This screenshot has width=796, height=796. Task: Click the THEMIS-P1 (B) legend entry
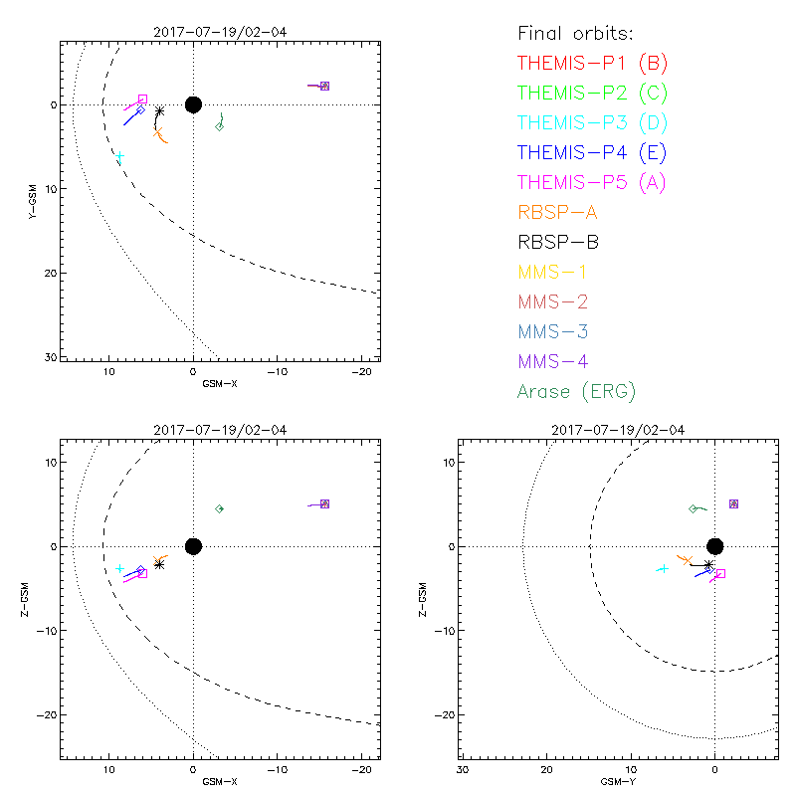pyautogui.click(x=592, y=64)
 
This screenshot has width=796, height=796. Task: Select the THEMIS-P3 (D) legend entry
pyautogui.click(x=592, y=123)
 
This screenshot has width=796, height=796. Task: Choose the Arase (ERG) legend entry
pyautogui.click(x=576, y=391)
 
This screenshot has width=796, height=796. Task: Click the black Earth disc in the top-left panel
pyautogui.click(x=193, y=104)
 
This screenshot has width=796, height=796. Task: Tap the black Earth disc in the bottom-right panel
pyautogui.click(x=714, y=545)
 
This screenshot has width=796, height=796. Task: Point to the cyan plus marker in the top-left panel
pyautogui.click(x=119, y=156)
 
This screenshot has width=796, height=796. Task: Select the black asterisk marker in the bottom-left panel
pyautogui.click(x=159, y=564)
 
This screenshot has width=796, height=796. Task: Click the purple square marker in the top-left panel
pyautogui.click(x=324, y=86)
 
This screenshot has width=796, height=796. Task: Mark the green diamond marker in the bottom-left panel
pyautogui.click(x=220, y=508)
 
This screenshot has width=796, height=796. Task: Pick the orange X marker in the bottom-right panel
pyautogui.click(x=685, y=560)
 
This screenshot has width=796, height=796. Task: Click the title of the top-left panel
pyautogui.click(x=220, y=32)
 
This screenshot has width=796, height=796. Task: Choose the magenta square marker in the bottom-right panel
pyautogui.click(x=720, y=573)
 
